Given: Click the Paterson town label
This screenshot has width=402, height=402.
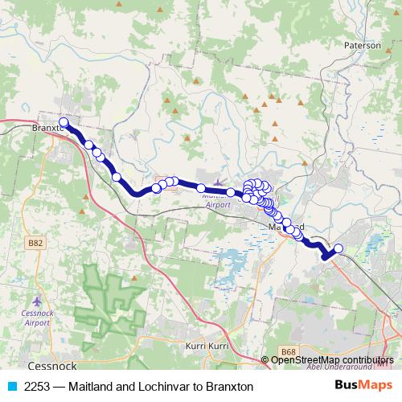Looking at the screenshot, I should pyautogui.click(x=362, y=46).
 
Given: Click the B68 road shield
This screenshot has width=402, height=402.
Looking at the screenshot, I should pyautogui.click(x=289, y=351).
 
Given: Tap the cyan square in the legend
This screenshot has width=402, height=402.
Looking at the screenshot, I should pyautogui.click(x=12, y=387).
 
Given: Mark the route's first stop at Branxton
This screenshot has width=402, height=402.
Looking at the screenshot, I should pyautogui.click(x=63, y=123).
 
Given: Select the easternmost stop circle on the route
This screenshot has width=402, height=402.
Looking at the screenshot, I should pyautogui.click(x=338, y=248).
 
